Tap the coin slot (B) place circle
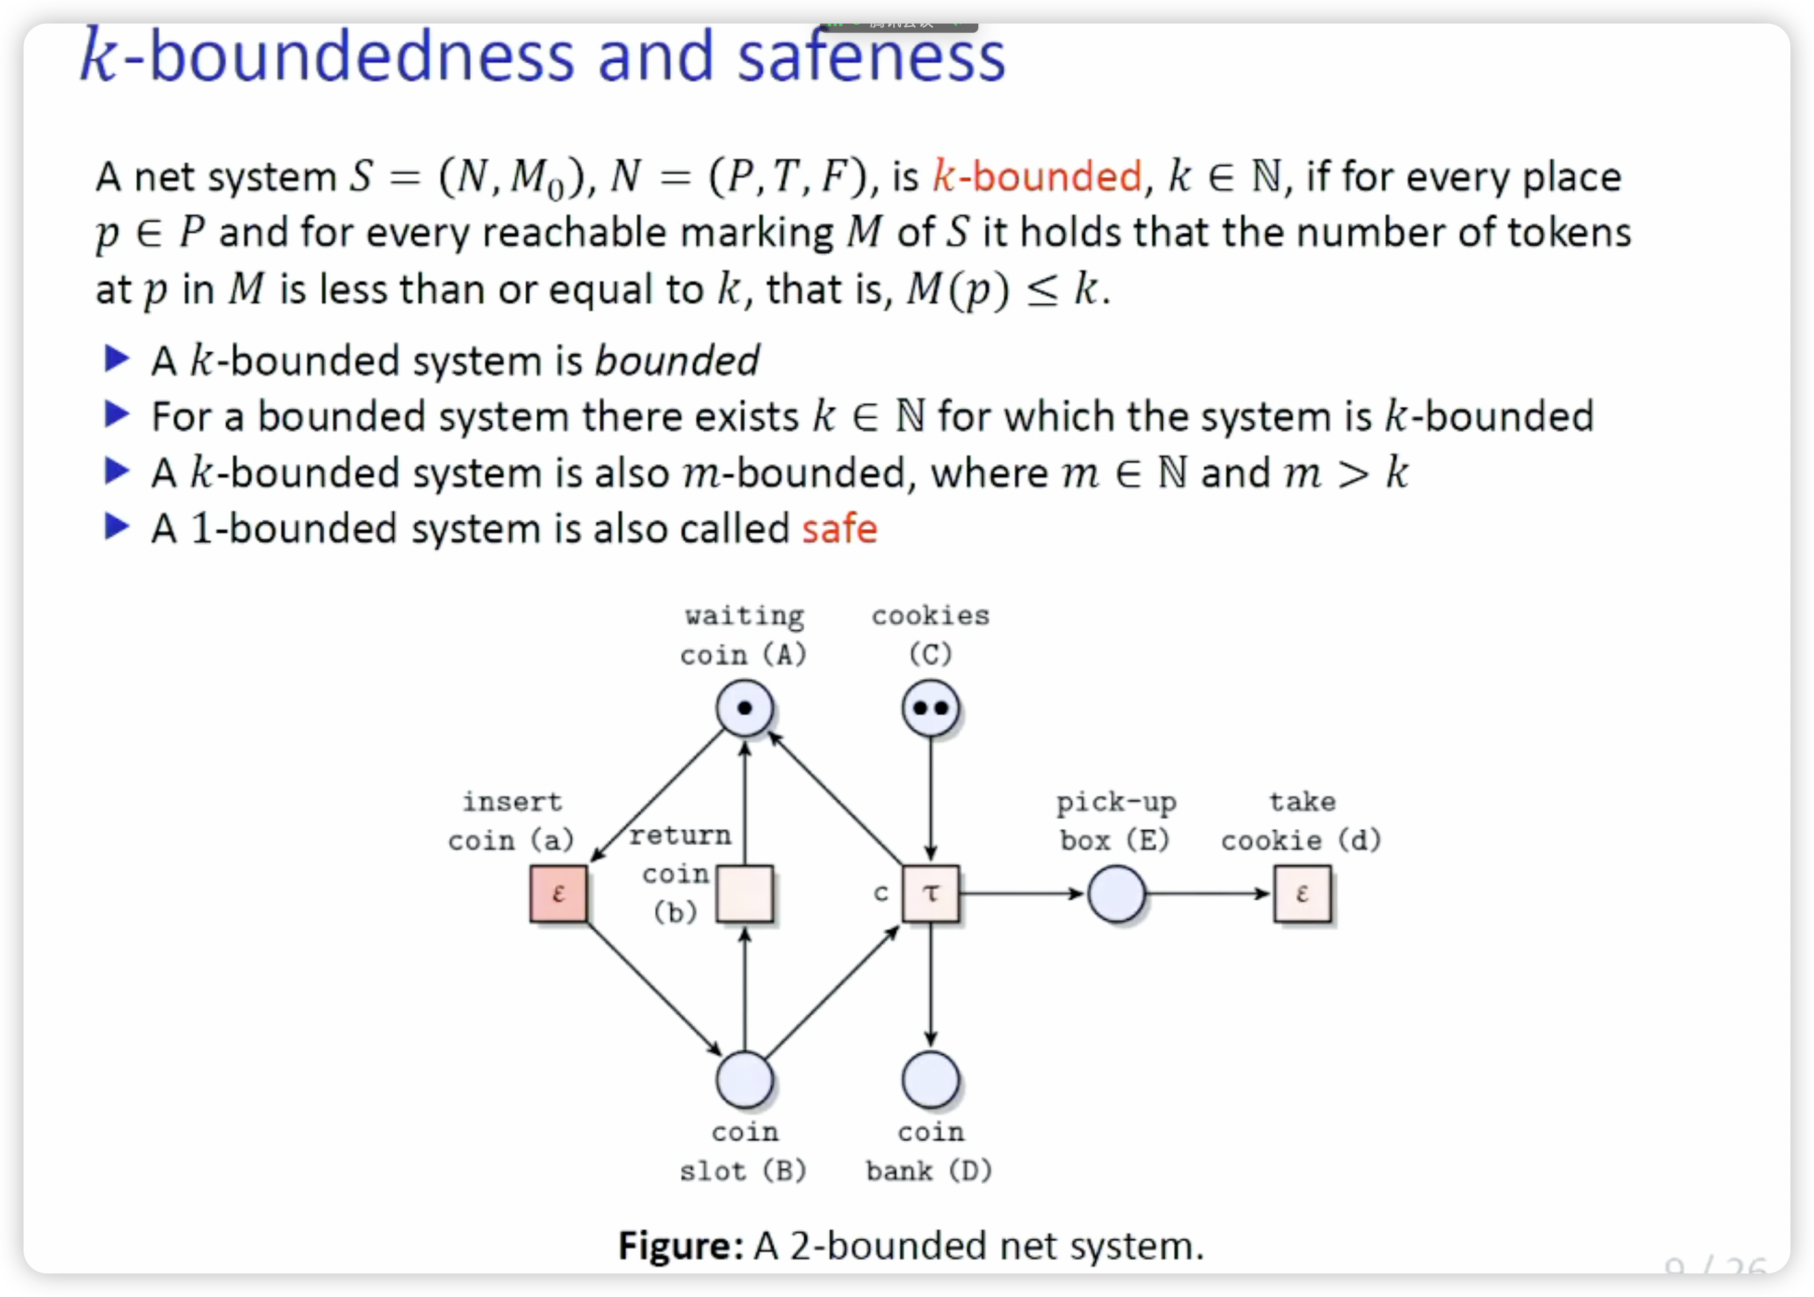(744, 1080)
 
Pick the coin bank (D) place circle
(931, 1080)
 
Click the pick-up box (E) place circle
(1116, 894)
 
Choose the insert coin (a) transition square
(558, 894)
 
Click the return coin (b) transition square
(744, 894)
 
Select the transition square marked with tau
(931, 894)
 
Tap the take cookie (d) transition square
(1302, 894)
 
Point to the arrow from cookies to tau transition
(931, 799)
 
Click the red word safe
(840, 529)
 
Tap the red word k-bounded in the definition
(1036, 177)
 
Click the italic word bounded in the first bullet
(677, 361)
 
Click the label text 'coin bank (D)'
(930, 1152)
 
